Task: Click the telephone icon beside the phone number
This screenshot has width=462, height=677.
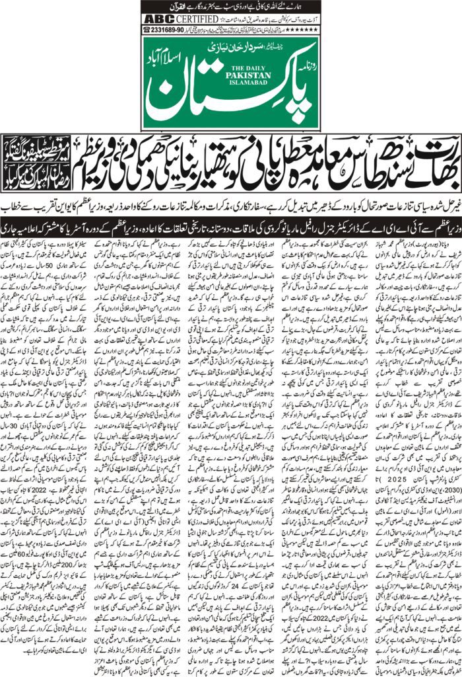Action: (x=147, y=29)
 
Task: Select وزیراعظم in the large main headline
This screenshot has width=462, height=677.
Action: (x=420, y=148)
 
